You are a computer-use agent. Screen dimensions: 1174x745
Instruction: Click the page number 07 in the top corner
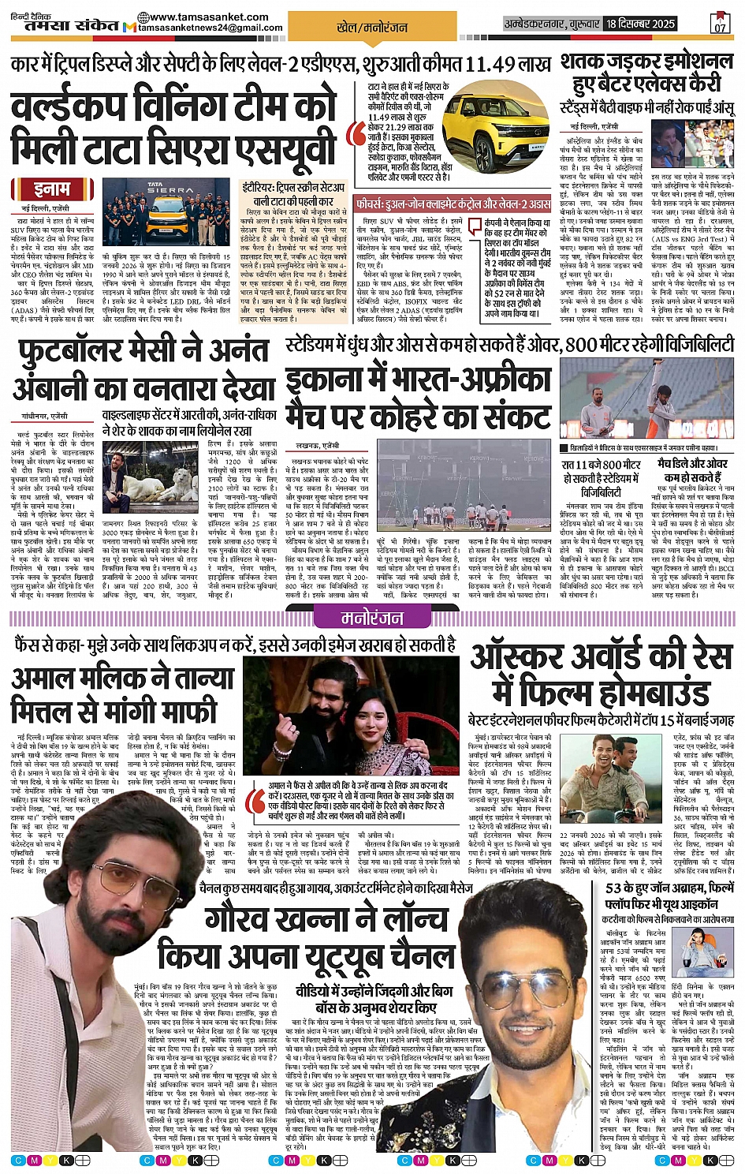(720, 24)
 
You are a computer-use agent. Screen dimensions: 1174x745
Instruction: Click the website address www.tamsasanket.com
(196, 17)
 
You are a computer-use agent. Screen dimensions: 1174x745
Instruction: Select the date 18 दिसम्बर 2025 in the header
(641, 24)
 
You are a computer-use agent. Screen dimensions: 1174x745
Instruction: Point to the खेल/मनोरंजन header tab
(372, 28)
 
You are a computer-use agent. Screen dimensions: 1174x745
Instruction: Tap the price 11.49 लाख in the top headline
(499, 65)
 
